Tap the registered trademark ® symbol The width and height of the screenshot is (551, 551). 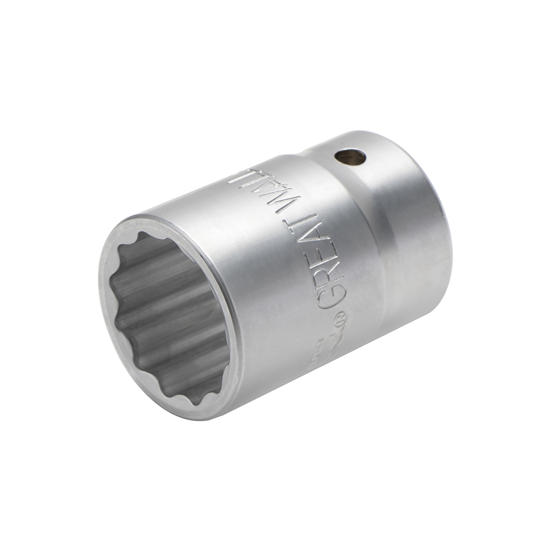pyautogui.click(x=342, y=316)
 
